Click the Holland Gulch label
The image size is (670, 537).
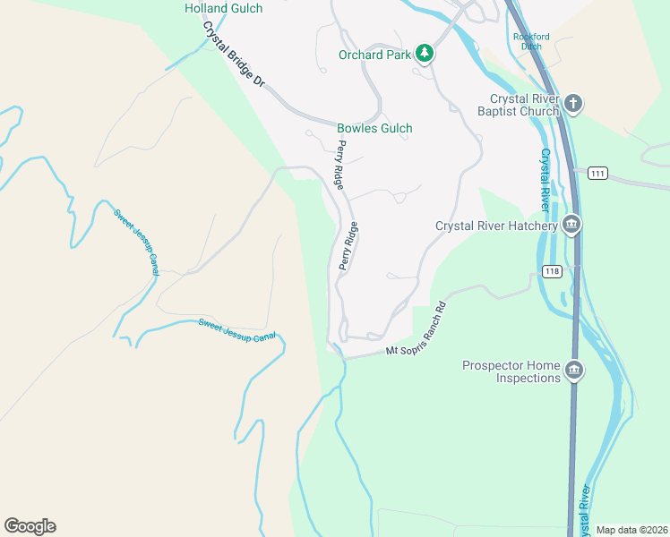223,8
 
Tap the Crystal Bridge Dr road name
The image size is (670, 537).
234,55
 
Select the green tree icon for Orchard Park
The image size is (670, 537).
425,55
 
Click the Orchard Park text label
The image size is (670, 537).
374,55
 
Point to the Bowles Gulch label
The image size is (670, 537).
374,128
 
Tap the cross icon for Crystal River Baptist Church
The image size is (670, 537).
573,105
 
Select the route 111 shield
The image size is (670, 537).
598,172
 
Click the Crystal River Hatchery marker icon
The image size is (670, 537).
571,226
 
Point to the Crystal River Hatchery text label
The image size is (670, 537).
496,226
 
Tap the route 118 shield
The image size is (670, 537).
551,271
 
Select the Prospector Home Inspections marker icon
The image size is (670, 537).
574,370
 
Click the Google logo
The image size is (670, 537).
30,526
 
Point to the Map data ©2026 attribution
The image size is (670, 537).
631,530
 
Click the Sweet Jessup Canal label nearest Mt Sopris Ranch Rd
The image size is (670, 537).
237,329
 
